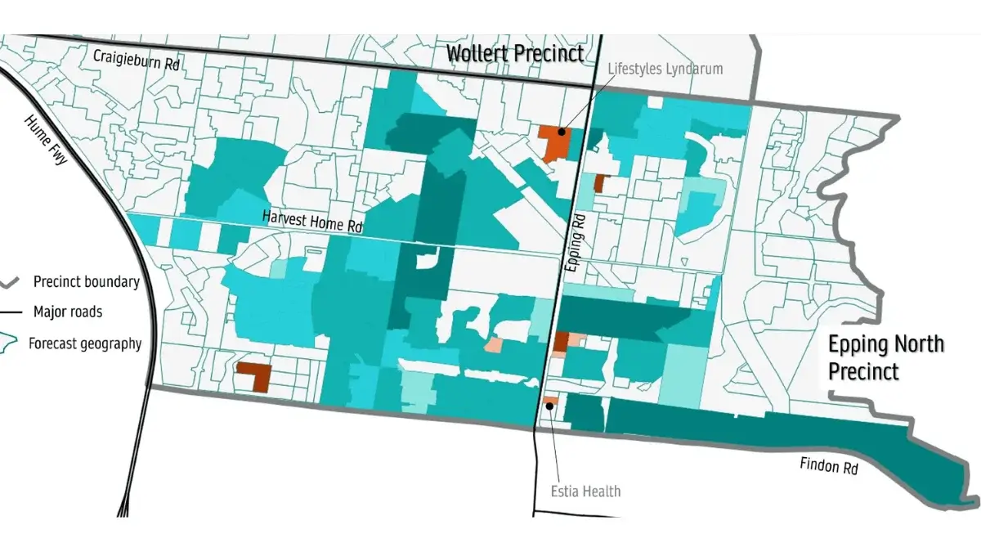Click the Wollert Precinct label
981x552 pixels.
pyautogui.click(x=514, y=54)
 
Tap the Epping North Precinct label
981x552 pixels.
pyautogui.click(x=886, y=357)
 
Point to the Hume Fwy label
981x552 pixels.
pyautogui.click(x=46, y=141)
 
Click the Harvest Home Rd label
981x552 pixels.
pyautogui.click(x=312, y=221)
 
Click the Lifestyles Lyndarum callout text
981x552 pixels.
pyautogui.click(x=665, y=69)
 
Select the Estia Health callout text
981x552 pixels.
pyautogui.click(x=585, y=491)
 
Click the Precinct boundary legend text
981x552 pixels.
pyautogui.click(x=86, y=282)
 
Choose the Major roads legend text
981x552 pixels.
pyautogui.click(x=68, y=312)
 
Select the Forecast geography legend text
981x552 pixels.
pyautogui.click(x=84, y=343)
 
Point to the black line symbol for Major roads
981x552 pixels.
pyautogui.click(x=11, y=312)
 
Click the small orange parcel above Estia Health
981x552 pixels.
pyautogui.click(x=551, y=400)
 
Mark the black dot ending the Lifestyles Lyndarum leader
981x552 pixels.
pyautogui.click(x=562, y=130)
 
